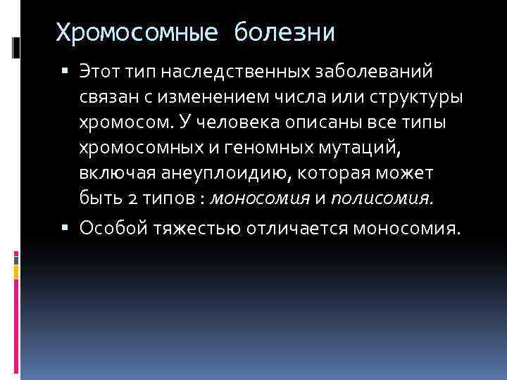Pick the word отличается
(x=306, y=228)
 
